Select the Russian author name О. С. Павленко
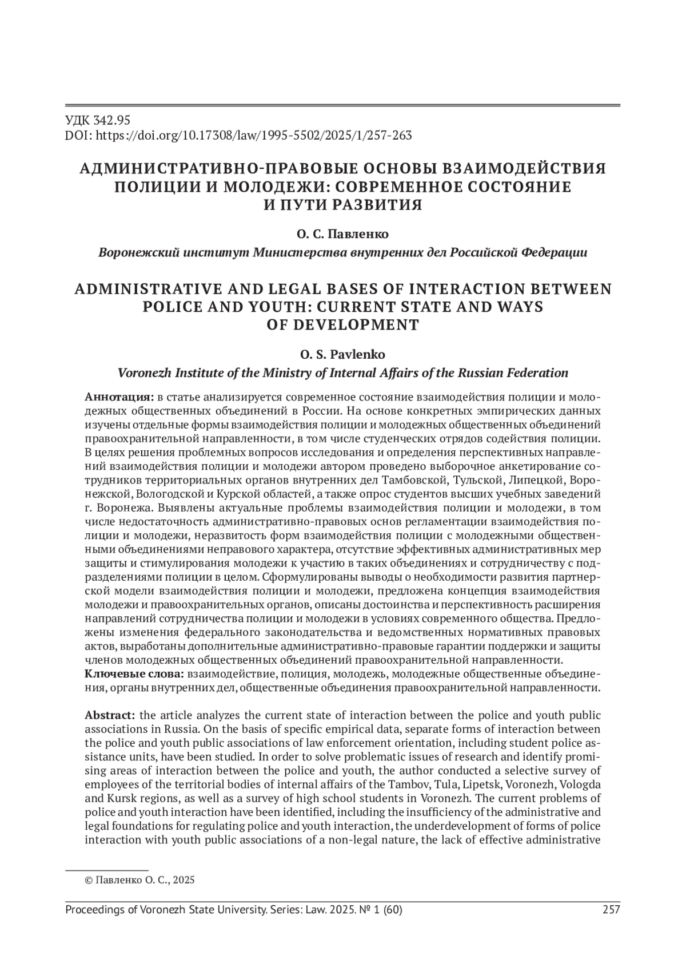[342, 234]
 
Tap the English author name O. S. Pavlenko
[342, 355]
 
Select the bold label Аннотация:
[119, 397]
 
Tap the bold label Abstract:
[110, 715]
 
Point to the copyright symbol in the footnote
[88, 880]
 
